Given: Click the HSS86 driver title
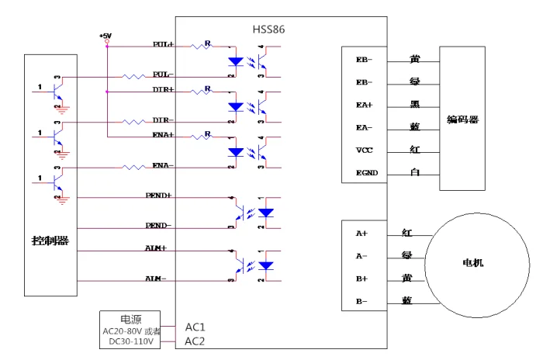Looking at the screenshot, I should coord(269,29).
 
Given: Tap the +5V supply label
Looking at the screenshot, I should coord(105,36).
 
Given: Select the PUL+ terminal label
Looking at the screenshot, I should coord(163,45).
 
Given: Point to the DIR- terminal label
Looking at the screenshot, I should coord(162,120).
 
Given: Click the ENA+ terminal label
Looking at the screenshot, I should coord(163,135).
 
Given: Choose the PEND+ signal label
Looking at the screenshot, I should coord(159,196).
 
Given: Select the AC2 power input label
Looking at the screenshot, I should coord(195,341).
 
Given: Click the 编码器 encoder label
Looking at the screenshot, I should coord(462,119).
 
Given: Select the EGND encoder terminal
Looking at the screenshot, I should coord(366,172).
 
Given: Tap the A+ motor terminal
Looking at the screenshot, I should coord(361,233).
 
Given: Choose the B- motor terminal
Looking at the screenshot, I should coord(361,300).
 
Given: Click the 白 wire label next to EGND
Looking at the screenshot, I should coord(415,171).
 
